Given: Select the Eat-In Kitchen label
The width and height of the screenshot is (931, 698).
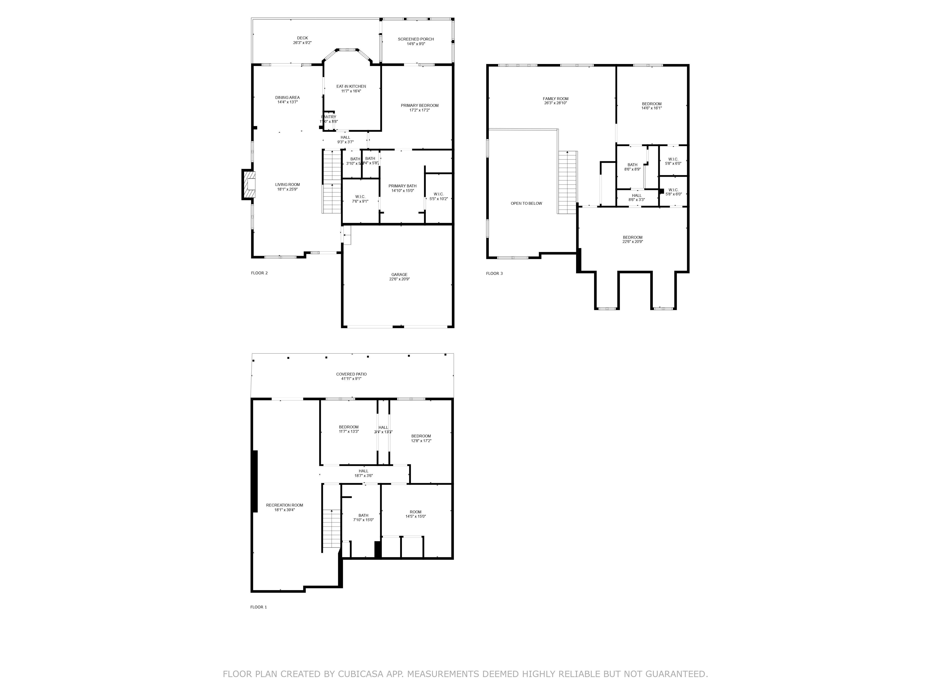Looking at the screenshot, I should [x=351, y=88].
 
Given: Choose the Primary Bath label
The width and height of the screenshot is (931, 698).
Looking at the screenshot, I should [x=402, y=188].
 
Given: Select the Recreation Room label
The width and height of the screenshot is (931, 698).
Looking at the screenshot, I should [x=284, y=507].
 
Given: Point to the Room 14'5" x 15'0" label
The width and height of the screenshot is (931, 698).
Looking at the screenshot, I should [x=415, y=514].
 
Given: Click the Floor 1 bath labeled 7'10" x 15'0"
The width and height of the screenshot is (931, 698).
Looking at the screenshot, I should [x=363, y=517].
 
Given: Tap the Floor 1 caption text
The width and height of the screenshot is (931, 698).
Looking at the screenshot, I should [x=258, y=607].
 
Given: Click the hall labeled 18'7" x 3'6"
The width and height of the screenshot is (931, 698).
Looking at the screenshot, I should [x=363, y=473].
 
